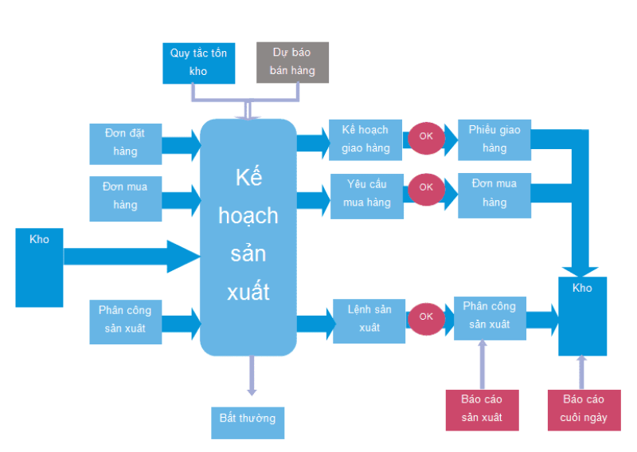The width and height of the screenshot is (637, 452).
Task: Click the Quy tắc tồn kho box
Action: [198, 62]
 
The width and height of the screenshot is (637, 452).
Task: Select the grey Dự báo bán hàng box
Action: [292, 62]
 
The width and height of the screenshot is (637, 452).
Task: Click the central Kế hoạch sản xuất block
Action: [248, 237]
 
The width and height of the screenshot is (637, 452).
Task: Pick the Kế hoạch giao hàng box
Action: [365, 140]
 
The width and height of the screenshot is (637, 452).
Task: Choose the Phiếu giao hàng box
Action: [494, 140]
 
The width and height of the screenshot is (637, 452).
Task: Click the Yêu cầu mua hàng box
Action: [367, 194]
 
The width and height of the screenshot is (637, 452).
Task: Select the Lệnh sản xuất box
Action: [369, 318]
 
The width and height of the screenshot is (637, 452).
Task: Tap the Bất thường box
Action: [248, 418]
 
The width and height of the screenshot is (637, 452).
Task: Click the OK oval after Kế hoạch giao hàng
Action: [426, 136]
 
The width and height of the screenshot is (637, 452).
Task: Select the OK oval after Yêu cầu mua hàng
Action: [426, 187]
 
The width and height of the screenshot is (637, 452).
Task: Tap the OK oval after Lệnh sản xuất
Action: [426, 316]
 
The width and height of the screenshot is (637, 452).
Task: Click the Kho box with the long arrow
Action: [39, 266]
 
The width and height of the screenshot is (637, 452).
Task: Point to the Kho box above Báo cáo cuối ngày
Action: [582, 316]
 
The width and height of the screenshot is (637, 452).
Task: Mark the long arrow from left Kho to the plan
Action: [131, 256]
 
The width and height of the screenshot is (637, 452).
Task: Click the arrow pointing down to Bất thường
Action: [252, 375]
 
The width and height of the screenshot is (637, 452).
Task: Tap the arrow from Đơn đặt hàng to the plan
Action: [182, 146]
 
